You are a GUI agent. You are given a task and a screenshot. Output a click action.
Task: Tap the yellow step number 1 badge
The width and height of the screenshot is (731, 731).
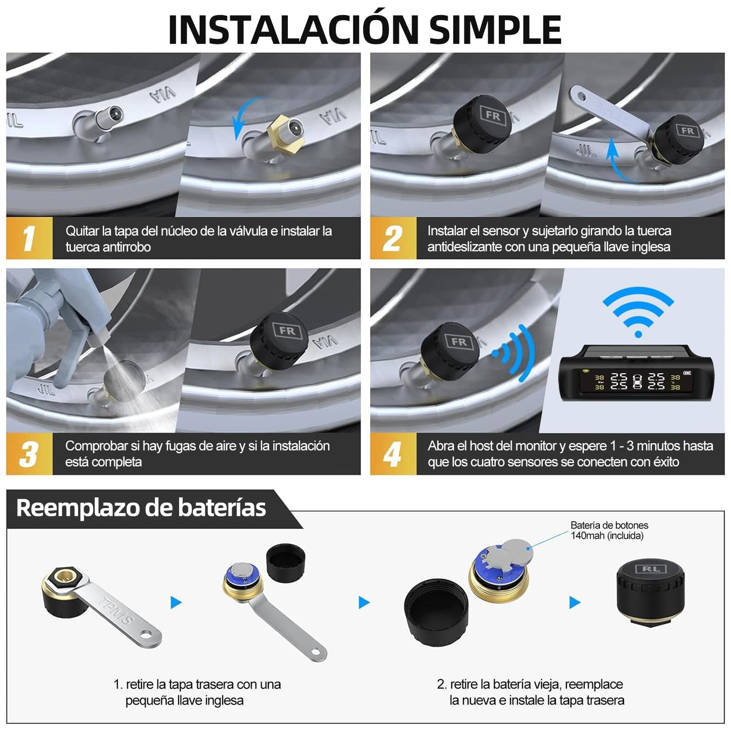[x=29, y=238]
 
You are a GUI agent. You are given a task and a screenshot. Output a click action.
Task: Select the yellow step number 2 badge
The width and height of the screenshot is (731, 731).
[x=393, y=238]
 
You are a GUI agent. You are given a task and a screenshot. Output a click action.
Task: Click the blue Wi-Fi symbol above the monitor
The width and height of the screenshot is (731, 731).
[x=638, y=311]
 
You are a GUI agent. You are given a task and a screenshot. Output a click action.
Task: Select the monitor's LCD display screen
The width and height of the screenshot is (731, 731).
[x=637, y=380]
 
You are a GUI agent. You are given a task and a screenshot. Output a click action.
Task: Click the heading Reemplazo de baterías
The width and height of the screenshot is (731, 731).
[x=141, y=508]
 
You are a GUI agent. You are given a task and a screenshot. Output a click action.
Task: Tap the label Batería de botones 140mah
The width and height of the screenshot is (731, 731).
[x=609, y=530]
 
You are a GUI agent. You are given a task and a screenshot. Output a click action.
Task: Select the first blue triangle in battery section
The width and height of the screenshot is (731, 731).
[x=176, y=603]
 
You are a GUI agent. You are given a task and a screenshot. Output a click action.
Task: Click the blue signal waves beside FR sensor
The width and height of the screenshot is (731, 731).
[x=516, y=353]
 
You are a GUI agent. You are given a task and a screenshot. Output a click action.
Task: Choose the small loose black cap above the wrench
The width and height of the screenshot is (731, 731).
[x=286, y=562]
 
